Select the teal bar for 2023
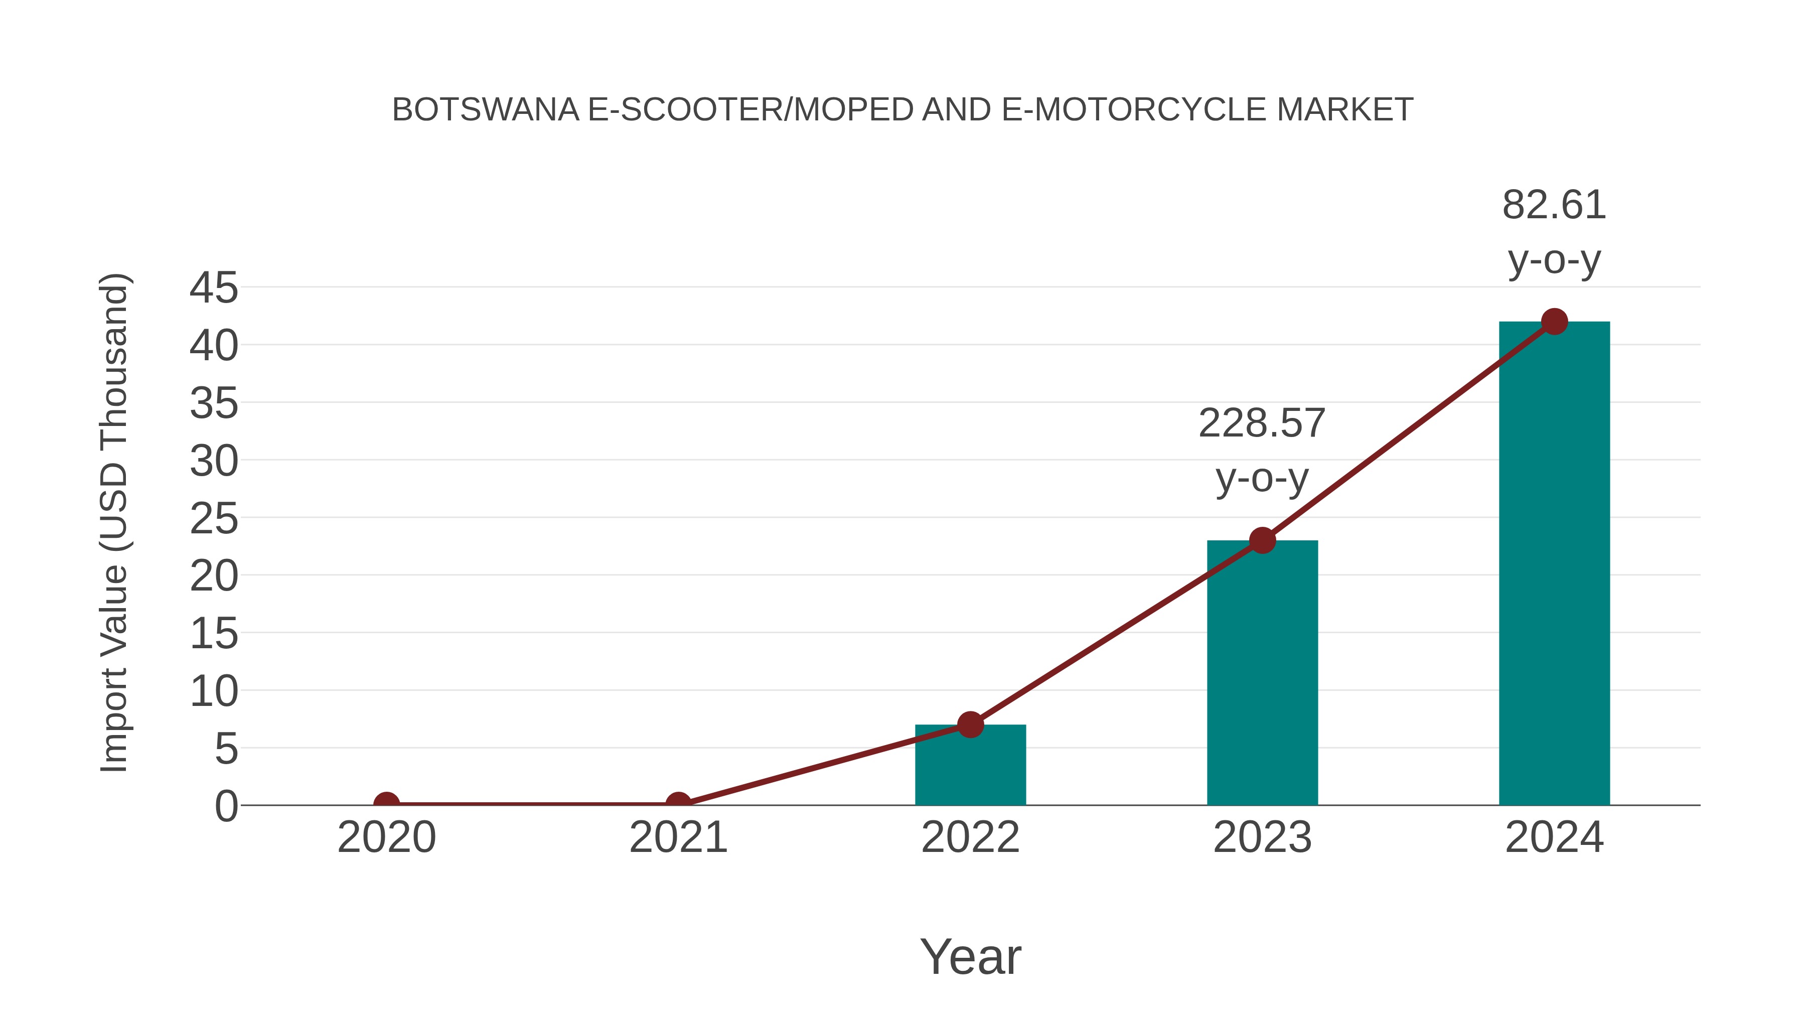(1262, 673)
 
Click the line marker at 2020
(386, 804)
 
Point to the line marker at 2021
(678, 804)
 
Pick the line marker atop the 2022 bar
(970, 724)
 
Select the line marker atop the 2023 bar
(1262, 540)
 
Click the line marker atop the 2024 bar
(1554, 322)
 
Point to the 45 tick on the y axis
(214, 287)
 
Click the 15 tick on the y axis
(214, 634)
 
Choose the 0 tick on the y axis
(226, 806)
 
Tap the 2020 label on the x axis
(386, 837)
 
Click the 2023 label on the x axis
(1262, 837)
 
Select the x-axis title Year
(970, 956)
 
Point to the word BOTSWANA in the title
(485, 110)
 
